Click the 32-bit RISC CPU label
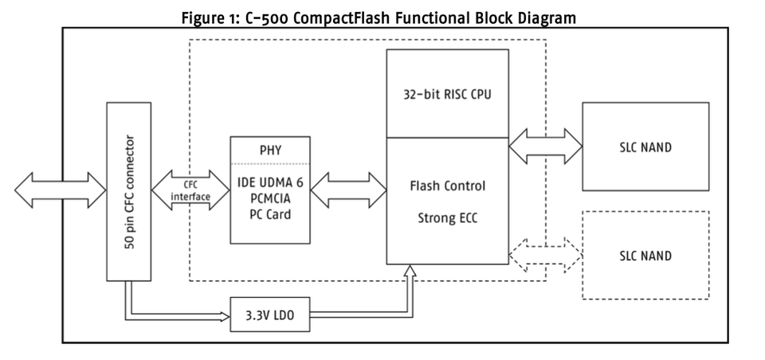tap(447, 93)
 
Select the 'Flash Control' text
tap(447, 186)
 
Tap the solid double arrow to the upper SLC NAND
tap(545, 148)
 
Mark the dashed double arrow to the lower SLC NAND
tap(545, 256)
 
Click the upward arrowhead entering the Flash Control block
tap(410, 273)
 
